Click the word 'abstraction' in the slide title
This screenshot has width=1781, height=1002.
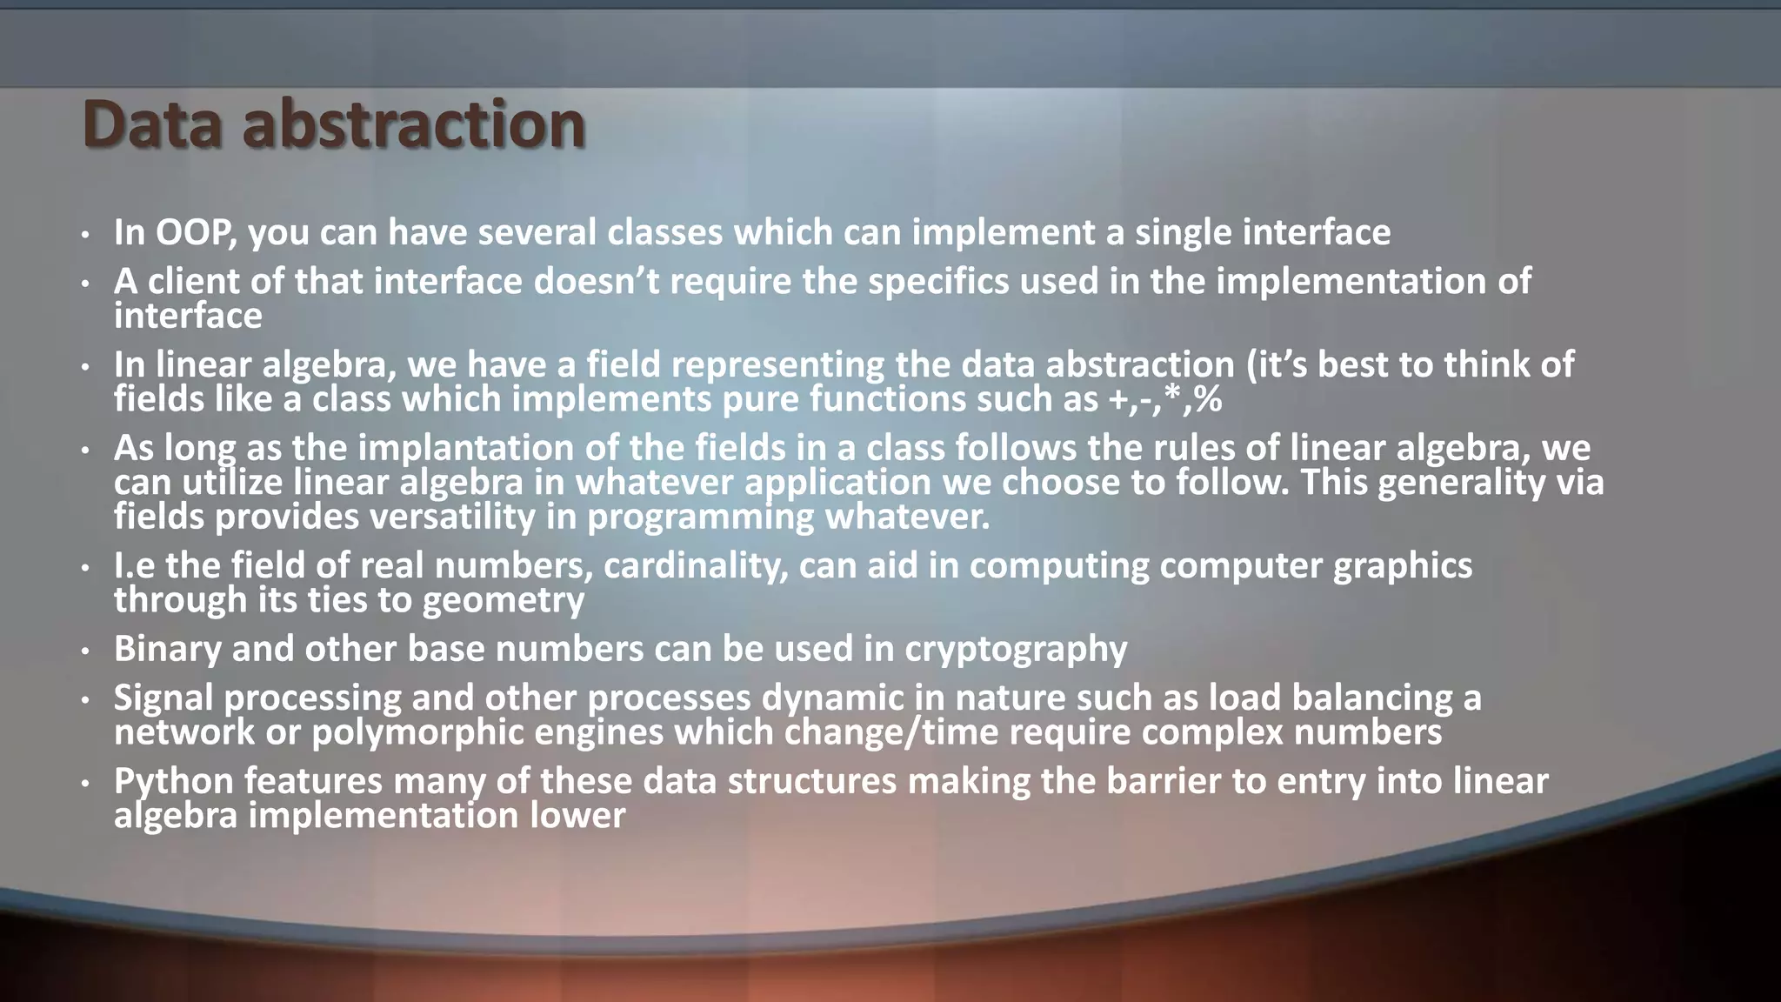414,124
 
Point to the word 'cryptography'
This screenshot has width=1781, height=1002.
1016,650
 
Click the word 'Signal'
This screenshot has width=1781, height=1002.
163,698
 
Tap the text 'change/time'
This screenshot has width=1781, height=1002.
891,733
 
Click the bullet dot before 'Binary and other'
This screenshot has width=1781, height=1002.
85,651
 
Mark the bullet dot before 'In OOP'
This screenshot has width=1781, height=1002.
85,234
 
